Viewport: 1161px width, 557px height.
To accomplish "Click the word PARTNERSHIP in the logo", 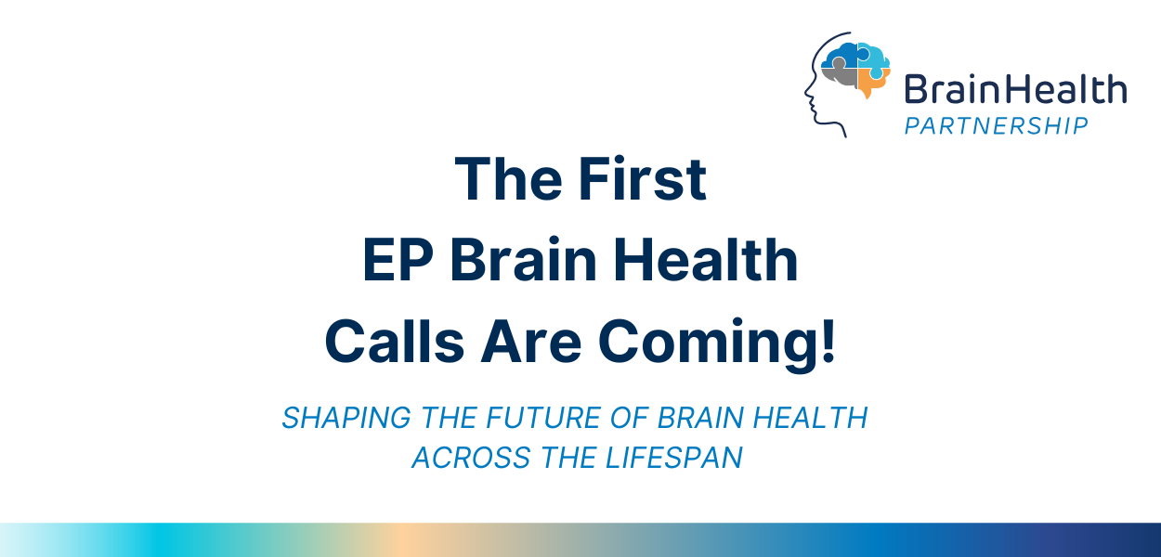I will (x=996, y=125).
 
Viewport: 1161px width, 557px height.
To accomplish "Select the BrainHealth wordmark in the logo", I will (x=1015, y=91).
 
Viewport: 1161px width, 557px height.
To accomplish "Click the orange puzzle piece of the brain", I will (x=871, y=83).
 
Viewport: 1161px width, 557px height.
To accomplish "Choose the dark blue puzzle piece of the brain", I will (x=841, y=53).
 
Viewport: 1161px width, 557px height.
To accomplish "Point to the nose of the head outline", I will (x=806, y=95).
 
